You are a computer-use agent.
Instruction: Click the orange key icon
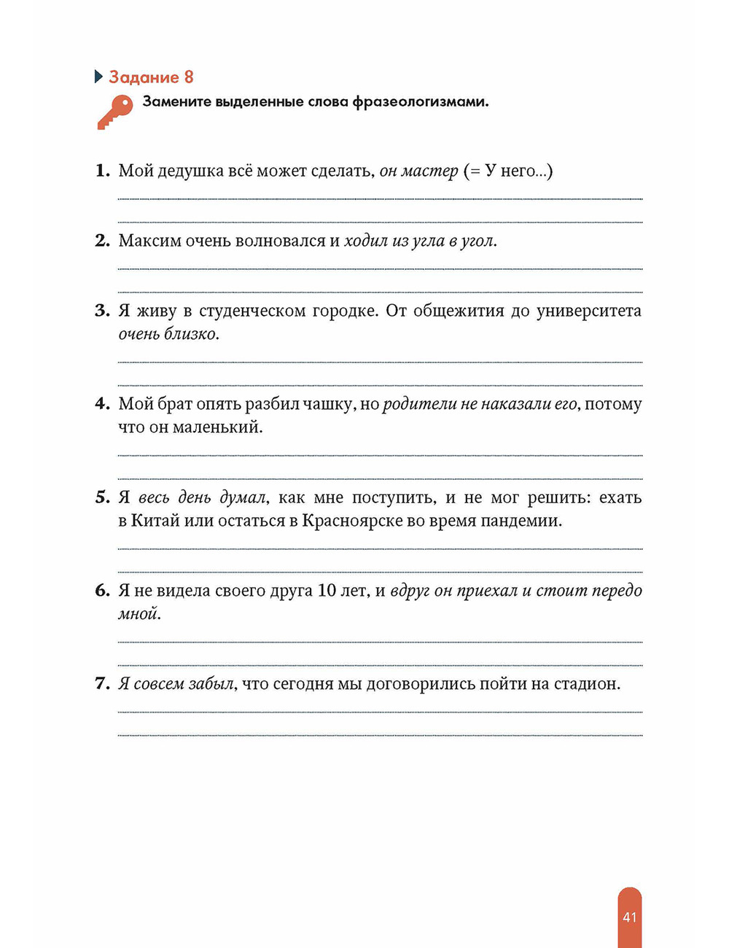click(114, 112)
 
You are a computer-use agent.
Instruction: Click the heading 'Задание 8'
click(151, 77)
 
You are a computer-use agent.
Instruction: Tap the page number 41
click(630, 917)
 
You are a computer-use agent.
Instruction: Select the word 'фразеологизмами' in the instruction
click(420, 102)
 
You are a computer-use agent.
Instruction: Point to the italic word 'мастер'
click(429, 171)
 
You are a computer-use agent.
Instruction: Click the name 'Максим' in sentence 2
click(149, 241)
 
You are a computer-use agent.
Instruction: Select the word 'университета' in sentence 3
click(589, 311)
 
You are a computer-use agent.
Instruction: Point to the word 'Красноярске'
click(352, 521)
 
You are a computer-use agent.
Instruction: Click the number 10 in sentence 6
click(327, 591)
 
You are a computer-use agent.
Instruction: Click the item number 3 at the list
click(102, 311)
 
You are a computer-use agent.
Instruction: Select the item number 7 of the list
click(102, 684)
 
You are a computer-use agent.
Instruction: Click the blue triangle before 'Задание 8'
click(99, 77)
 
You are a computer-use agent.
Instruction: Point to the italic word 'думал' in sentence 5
click(243, 497)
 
